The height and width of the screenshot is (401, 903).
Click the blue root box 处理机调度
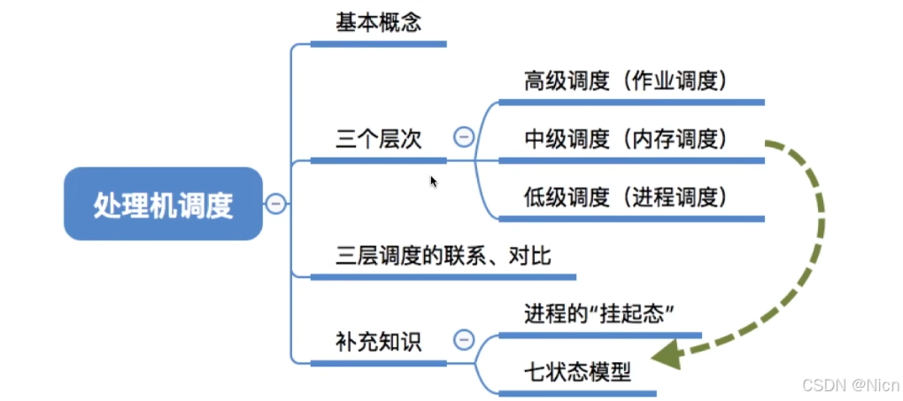click(x=163, y=204)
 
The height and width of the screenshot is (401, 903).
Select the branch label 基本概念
click(x=378, y=23)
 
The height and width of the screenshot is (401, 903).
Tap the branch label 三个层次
click(x=378, y=139)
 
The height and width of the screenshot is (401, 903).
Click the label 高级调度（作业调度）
click(x=626, y=81)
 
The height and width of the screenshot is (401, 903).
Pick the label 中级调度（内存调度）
click(x=626, y=139)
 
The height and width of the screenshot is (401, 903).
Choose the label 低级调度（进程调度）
click(x=626, y=197)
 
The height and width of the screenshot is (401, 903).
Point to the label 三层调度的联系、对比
click(x=444, y=256)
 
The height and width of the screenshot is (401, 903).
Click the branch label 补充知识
click(x=378, y=342)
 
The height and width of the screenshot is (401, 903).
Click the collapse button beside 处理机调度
click(x=276, y=204)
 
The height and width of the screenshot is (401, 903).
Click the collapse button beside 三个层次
click(x=463, y=138)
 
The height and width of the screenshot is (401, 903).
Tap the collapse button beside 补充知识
click(x=463, y=340)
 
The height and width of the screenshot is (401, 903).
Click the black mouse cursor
click(x=434, y=181)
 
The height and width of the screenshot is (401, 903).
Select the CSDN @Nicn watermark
click(x=850, y=386)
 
